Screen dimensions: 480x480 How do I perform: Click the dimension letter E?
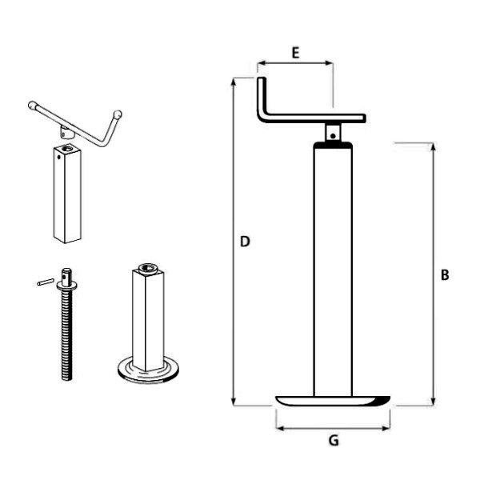tap(295, 53)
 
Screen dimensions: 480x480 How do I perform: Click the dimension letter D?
tap(245, 242)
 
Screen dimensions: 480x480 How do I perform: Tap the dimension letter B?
tap(445, 275)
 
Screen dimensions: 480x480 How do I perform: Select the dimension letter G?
tap(334, 441)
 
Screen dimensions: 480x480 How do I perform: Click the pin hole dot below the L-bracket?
tap(333, 136)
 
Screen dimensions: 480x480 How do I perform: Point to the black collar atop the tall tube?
tap(333, 145)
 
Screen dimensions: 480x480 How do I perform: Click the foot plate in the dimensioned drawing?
tap(333, 401)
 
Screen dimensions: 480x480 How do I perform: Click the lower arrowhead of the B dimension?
tap(433, 402)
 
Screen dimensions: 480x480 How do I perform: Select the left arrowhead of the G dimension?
tap(279, 428)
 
